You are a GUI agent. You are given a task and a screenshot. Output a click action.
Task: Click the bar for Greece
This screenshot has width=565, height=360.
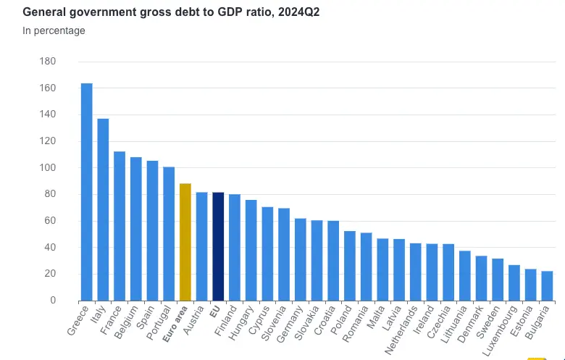(86, 192)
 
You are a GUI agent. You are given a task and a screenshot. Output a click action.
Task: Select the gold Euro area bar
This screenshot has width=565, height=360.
(185, 242)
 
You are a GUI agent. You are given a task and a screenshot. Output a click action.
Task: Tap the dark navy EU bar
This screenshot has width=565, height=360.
(218, 246)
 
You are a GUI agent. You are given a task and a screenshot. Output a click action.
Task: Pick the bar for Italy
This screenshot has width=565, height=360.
(103, 209)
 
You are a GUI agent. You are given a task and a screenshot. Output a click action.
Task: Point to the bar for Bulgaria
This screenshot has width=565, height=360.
(547, 286)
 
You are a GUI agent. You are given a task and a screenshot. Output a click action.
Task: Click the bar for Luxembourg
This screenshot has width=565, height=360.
(514, 282)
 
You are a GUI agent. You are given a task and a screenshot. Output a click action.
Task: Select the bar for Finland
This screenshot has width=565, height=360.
(235, 247)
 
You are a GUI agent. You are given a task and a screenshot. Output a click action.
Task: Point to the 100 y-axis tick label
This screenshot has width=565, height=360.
(47, 168)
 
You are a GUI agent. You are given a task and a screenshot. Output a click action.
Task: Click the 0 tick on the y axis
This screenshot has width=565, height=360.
(53, 301)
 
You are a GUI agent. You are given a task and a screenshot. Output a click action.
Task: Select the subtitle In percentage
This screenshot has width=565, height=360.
(54, 30)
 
